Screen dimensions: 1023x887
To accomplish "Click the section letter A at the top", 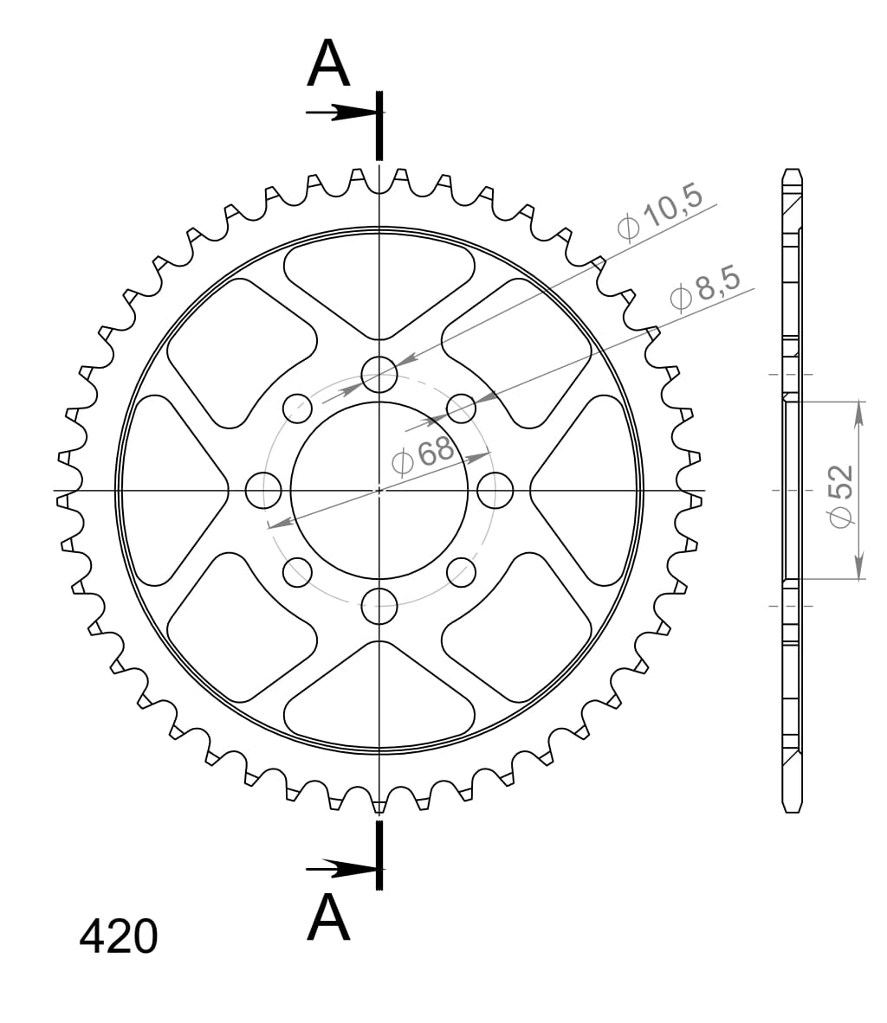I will [328, 65].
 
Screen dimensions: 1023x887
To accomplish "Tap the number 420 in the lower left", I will [119, 936].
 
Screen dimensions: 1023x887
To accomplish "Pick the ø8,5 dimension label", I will [706, 287].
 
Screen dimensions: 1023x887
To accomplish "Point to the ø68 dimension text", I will [424, 454].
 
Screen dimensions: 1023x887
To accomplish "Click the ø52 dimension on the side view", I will [841, 495].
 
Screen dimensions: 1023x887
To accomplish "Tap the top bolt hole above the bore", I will [379, 374].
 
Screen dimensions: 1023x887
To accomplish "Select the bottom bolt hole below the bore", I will [379, 605].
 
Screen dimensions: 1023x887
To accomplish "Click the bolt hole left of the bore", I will [263, 490].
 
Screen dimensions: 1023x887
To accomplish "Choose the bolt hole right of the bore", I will [495, 490].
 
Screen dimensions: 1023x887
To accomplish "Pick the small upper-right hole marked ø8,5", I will [462, 408].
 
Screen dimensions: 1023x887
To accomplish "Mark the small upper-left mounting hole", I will [297, 408].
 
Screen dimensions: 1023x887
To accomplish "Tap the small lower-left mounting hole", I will [297, 570].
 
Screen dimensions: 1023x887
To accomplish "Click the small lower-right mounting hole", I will [462, 570].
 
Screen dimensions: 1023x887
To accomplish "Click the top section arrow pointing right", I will [342, 113].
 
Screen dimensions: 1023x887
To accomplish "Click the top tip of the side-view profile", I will [792, 170].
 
